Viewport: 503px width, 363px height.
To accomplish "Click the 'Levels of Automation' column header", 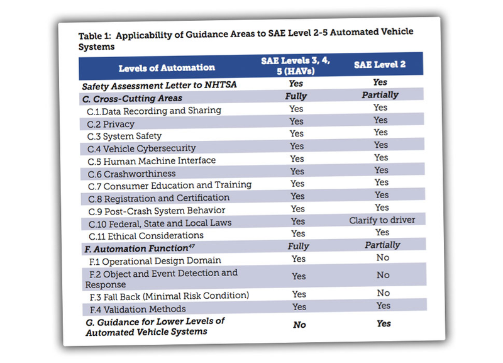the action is pos(167,68).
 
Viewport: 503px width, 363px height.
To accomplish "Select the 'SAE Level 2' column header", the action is pos(380,65).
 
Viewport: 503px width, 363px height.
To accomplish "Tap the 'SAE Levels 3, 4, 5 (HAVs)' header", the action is pos(296,65).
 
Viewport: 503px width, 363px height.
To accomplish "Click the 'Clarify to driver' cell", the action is pos(382,220).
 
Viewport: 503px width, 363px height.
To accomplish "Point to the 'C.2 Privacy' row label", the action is pos(111,124).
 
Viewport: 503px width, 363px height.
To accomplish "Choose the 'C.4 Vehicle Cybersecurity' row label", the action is pos(141,148).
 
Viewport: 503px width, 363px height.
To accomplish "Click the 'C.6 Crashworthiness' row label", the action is pos(132,174).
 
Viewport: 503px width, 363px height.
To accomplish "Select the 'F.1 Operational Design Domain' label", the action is pos(155,261).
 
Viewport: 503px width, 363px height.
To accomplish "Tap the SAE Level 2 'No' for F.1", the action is pos(383,257).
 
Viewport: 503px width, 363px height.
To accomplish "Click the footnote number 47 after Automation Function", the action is pos(192,246).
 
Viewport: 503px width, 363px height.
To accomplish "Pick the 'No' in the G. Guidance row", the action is pos(299,325).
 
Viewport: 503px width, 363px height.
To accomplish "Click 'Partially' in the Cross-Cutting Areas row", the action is pos(380,95).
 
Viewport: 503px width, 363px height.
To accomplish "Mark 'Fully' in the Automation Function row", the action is pos(298,246).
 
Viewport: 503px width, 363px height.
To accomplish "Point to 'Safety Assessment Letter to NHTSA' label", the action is pos(160,86).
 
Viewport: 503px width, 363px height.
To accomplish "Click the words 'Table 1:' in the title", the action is pos(95,36).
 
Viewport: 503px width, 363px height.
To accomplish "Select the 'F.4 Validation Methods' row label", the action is pos(138,310).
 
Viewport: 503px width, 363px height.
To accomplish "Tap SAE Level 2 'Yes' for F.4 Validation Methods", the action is pos(384,306).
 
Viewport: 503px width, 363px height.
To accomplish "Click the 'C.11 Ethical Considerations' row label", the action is pos(146,236).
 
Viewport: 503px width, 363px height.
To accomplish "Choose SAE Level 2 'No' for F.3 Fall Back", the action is pos(384,293).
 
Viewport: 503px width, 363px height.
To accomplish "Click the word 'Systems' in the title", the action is pos(97,47).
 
